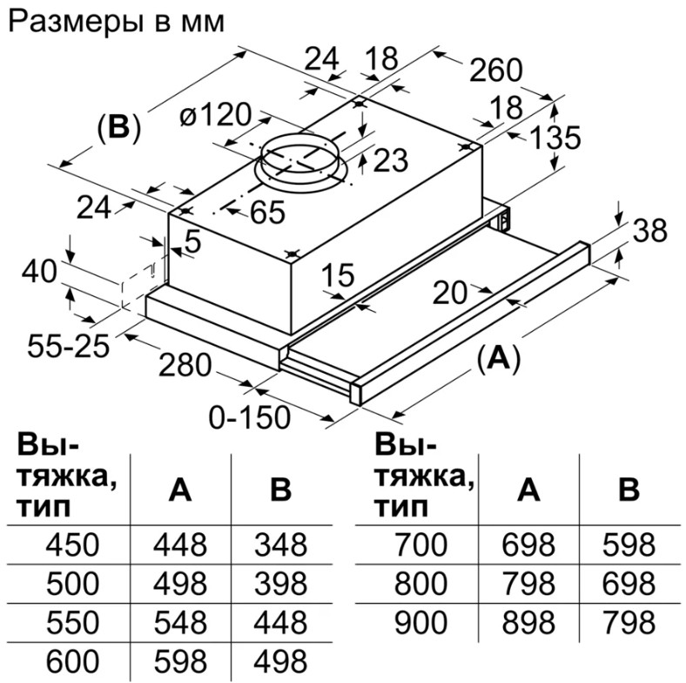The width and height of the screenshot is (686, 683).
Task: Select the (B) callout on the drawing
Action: (118, 128)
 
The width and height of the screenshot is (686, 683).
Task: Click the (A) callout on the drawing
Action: (498, 357)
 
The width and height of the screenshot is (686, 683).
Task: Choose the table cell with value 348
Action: (280, 546)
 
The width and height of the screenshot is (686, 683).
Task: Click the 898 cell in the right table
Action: (528, 623)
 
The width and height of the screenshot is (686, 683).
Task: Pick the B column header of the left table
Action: (280, 490)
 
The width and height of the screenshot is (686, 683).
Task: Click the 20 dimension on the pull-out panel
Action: (451, 293)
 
